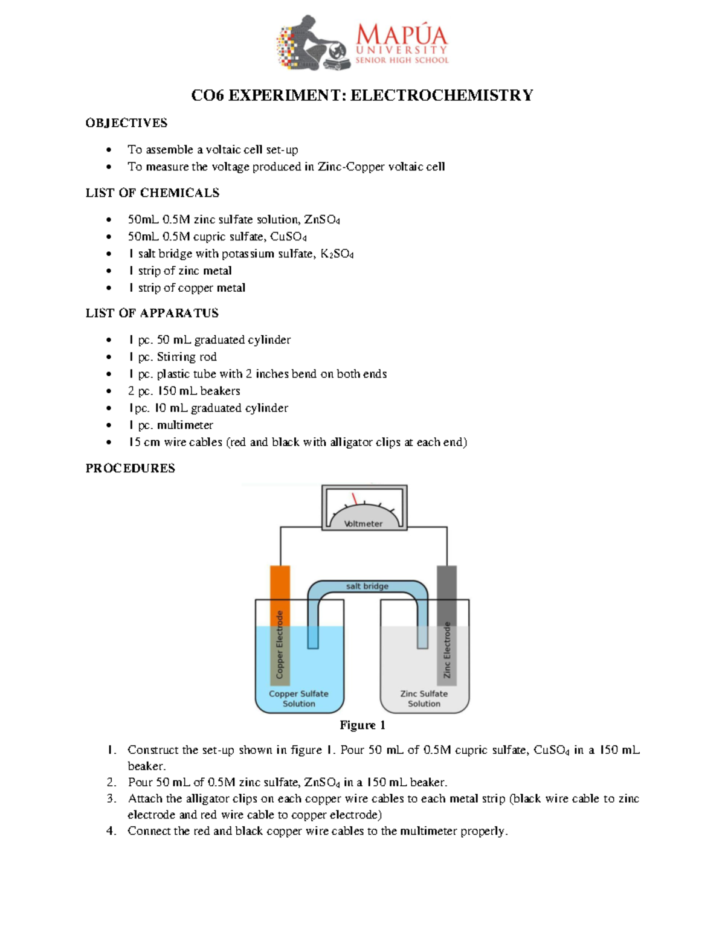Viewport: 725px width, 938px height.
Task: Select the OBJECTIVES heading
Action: click(x=126, y=123)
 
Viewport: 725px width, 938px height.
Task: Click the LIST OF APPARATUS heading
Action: click(x=152, y=313)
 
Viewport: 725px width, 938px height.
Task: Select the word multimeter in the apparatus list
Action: click(x=185, y=425)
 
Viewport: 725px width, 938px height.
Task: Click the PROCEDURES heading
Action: click(x=130, y=468)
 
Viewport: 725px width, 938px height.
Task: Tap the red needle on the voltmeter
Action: click(x=355, y=499)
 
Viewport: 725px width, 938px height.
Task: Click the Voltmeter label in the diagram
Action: click(x=363, y=524)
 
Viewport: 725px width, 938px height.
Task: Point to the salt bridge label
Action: click(x=367, y=586)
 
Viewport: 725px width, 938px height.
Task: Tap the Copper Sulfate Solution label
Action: click(x=298, y=699)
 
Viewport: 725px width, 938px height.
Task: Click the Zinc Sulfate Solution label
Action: click(x=424, y=699)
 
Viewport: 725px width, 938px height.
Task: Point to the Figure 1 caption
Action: click(x=362, y=725)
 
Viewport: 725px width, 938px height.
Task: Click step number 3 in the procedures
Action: click(x=111, y=798)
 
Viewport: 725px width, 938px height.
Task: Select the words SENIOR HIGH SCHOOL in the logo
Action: click(x=402, y=60)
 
